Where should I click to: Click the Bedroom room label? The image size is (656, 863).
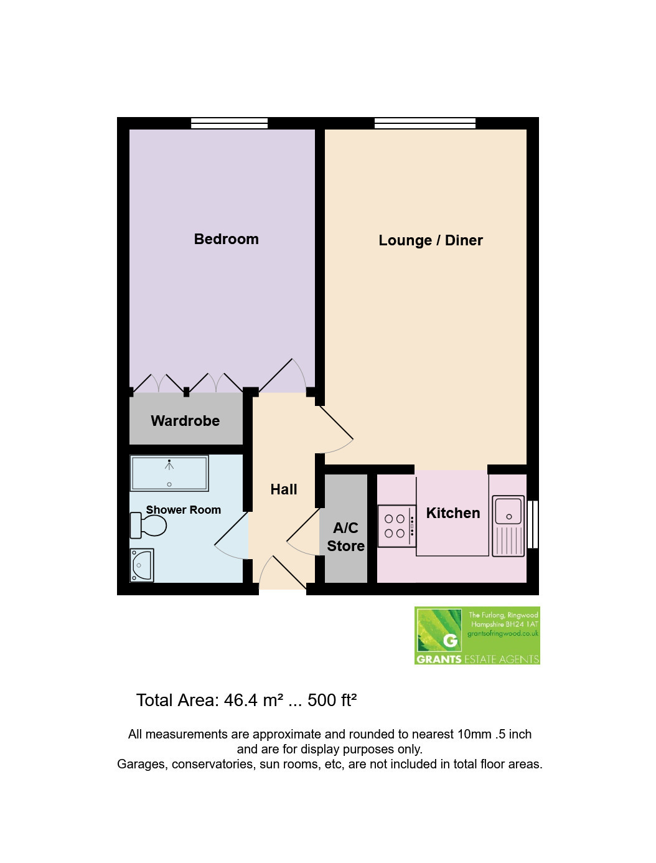(227, 239)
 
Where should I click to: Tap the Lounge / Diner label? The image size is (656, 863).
(431, 240)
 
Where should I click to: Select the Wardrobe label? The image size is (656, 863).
(185, 421)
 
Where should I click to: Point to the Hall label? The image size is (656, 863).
(284, 489)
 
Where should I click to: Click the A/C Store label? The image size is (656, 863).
(345, 537)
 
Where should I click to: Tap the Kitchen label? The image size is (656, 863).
(453, 513)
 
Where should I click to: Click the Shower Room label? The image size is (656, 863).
(184, 509)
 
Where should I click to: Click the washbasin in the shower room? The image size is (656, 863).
(142, 565)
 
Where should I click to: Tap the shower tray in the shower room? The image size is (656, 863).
(169, 474)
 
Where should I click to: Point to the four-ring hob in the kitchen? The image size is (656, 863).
(396, 526)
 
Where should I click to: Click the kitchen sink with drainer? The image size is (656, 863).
(508, 526)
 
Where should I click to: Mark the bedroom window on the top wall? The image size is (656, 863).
(230, 123)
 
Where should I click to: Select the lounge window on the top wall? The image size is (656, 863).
(425, 123)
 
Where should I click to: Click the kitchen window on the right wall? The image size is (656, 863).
(533, 524)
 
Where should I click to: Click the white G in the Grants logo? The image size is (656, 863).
(450, 641)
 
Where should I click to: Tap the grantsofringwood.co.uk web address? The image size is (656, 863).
(503, 633)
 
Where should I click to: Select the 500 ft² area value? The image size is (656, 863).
(332, 700)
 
